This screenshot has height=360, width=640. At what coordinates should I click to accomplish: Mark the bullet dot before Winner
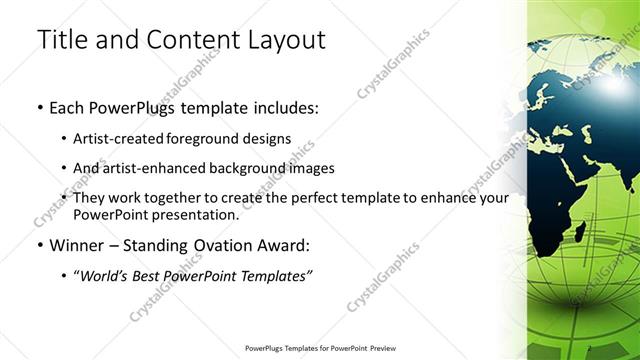pyautogui.click(x=39, y=244)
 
